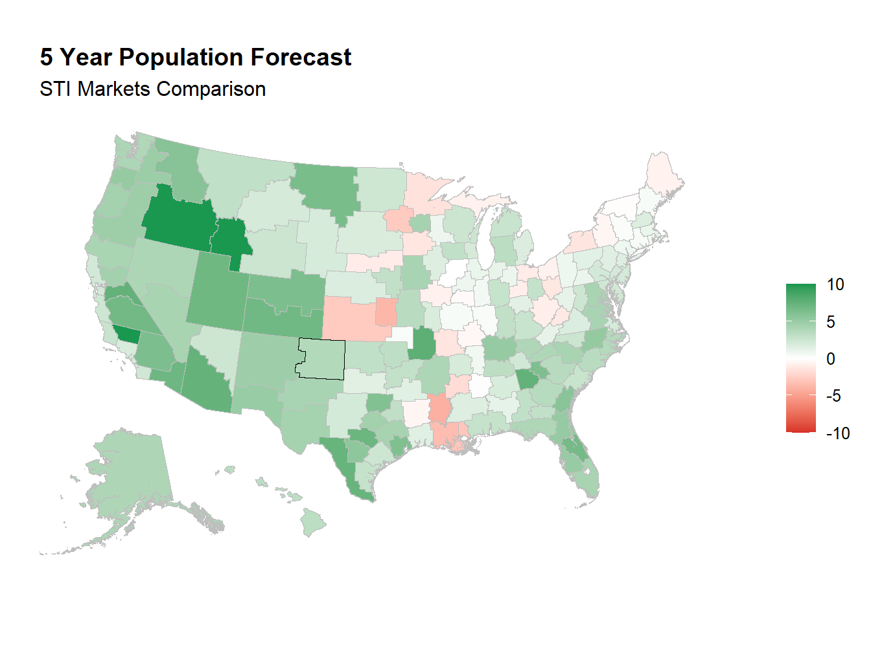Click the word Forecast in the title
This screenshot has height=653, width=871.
[301, 58]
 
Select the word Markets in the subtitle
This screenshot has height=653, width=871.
[114, 89]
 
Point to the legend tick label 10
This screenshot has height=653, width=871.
[835, 284]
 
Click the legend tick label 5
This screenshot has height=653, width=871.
[831, 322]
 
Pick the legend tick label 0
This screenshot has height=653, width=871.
[831, 359]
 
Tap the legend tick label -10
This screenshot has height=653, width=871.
[838, 433]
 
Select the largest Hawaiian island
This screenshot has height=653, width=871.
[314, 521]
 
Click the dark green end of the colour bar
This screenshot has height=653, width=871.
[800, 289]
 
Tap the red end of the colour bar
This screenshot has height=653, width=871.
[800, 428]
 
